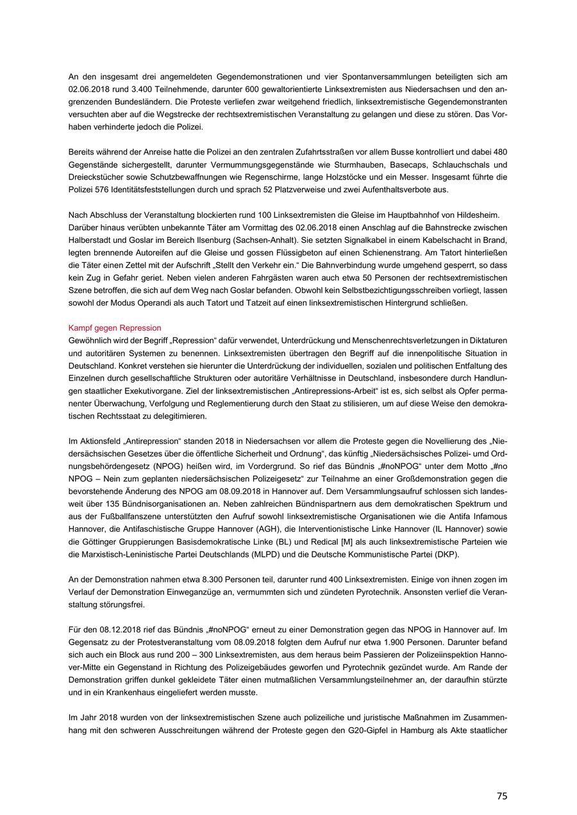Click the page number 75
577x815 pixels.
tap(501, 795)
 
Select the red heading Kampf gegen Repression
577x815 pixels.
tap(115, 328)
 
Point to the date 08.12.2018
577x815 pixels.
tap(107, 629)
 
